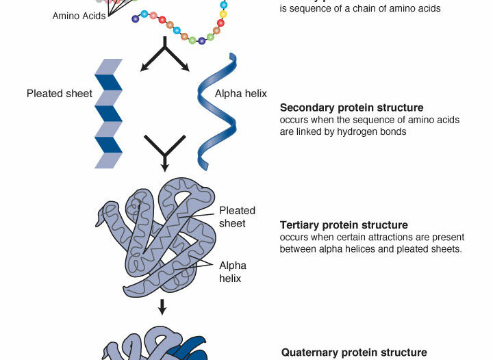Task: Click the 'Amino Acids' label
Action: tap(79, 15)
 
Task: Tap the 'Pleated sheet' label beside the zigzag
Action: tap(60, 94)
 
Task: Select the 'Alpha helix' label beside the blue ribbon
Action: tap(241, 94)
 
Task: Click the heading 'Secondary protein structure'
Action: tap(351, 107)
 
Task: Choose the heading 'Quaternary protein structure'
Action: tap(354, 353)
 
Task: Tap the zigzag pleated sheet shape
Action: tap(109, 113)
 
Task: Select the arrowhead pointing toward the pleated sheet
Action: tap(144, 66)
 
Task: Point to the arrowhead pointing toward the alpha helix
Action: tap(184, 66)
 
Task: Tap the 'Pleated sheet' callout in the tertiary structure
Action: tap(237, 216)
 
